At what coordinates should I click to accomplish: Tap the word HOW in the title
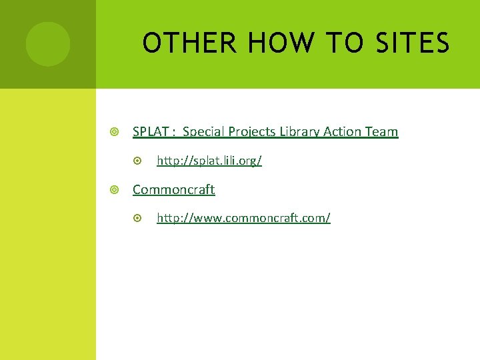pyautogui.click(x=279, y=44)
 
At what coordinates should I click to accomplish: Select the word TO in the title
pyautogui.click(x=345, y=44)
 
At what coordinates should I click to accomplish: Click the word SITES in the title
pyautogui.click(x=413, y=44)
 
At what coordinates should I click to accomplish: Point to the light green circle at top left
pyautogui.click(x=47, y=44)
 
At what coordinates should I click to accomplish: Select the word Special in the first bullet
pyautogui.click(x=203, y=132)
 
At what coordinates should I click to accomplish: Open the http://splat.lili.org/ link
pyautogui.click(x=209, y=161)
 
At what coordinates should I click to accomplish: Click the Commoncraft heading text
pyautogui.click(x=173, y=190)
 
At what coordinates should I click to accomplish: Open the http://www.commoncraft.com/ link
pyautogui.click(x=243, y=219)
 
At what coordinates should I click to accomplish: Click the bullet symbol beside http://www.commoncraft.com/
pyautogui.click(x=138, y=219)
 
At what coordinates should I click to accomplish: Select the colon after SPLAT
pyautogui.click(x=173, y=133)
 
